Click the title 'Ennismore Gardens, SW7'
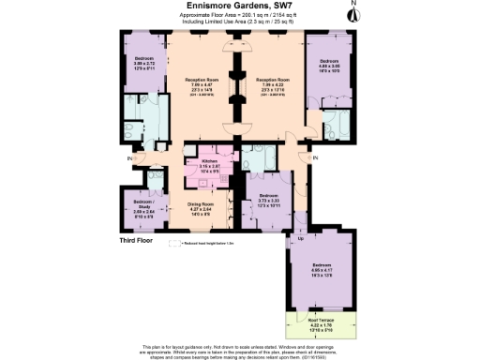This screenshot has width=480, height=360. (240, 7)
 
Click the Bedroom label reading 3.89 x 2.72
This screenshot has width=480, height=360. (143, 65)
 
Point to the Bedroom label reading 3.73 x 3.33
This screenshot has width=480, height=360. (270, 201)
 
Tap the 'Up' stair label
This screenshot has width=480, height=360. (299, 240)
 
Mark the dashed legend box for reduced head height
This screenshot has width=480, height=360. (172, 243)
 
